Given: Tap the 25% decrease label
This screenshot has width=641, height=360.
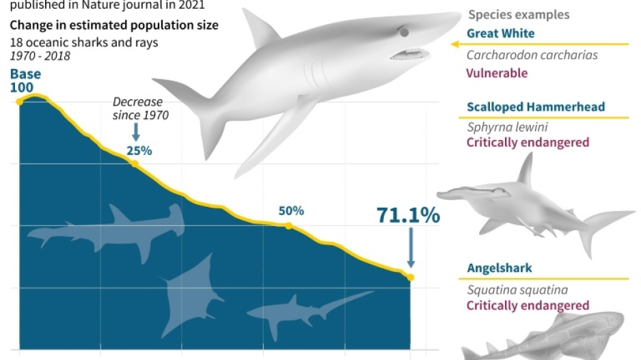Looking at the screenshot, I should (139, 150).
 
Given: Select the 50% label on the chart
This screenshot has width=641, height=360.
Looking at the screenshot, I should (291, 210).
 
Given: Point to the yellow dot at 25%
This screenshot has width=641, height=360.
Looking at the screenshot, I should (135, 163).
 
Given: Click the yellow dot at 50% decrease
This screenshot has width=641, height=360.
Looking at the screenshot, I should (288, 225).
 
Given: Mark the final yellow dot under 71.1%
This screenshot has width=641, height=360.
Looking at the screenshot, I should (411, 277).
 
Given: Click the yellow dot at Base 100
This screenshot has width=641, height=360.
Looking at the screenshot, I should (20, 102).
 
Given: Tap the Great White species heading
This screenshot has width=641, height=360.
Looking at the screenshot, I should (500, 33).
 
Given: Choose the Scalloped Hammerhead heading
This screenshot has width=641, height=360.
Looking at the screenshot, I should (527, 107).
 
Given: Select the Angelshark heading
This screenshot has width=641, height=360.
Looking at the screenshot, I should (500, 268).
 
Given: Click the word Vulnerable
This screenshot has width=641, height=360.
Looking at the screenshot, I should (497, 73).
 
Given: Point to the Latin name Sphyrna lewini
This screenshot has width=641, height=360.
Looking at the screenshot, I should (507, 127).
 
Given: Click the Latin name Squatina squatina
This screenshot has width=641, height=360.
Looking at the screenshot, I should (517, 290).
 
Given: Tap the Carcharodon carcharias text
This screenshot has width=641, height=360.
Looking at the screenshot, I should (532, 55).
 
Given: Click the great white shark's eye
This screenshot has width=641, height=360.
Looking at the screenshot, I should (404, 32).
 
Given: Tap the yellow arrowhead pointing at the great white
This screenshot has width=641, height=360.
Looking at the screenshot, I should (454, 44).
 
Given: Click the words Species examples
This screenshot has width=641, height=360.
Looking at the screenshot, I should (519, 14).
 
